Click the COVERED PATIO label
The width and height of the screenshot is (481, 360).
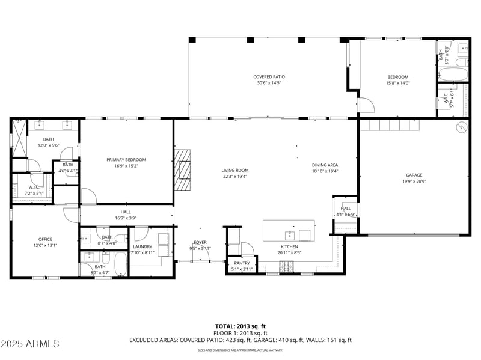[x=269, y=77]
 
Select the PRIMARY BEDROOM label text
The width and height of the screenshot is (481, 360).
[x=126, y=160]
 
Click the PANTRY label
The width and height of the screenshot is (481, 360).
[x=241, y=263]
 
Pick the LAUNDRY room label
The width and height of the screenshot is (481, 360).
[x=142, y=246]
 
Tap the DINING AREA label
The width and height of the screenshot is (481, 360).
[x=325, y=165]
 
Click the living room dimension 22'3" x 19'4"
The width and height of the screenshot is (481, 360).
[x=234, y=177]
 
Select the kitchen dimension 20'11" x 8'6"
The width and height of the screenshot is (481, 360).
[x=289, y=253]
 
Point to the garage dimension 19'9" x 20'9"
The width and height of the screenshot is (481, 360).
[x=414, y=182]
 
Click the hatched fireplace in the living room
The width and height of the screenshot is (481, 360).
[x=183, y=169]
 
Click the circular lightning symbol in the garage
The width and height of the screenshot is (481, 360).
[x=461, y=127]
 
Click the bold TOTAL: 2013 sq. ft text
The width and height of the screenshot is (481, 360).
[x=240, y=326]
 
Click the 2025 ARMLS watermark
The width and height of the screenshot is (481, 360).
[x=30, y=344]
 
